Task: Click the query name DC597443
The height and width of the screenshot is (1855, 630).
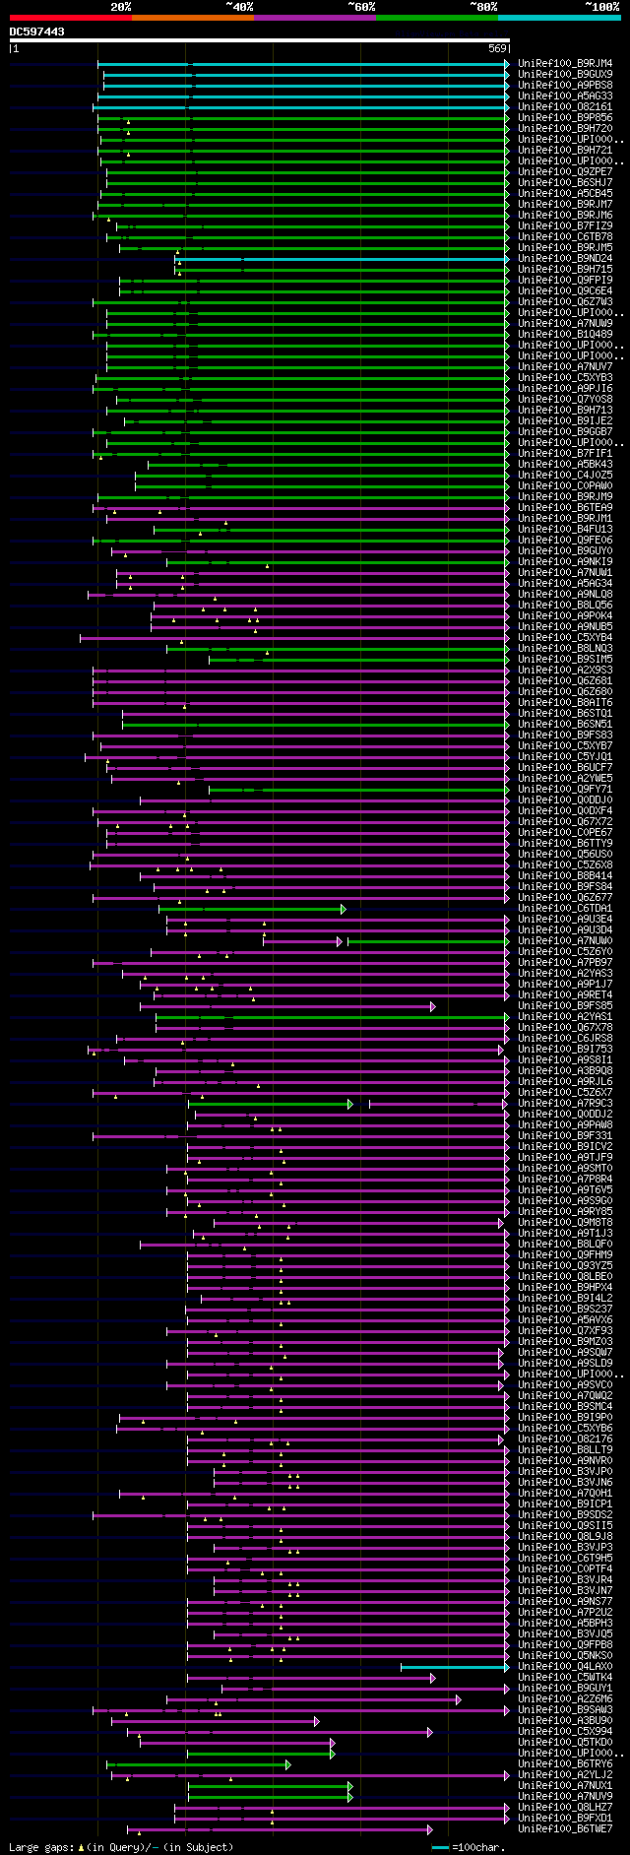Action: pyautogui.click(x=37, y=32)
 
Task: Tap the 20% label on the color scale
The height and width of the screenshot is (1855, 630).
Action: pyautogui.click(x=121, y=7)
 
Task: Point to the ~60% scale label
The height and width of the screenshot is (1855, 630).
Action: pyautogui.click(x=361, y=7)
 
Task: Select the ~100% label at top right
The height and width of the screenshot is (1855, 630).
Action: pyautogui.click(x=601, y=7)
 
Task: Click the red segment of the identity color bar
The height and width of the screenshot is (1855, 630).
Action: pyautogui.click(x=70, y=17)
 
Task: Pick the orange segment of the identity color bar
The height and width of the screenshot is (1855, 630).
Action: pyautogui.click(x=192, y=17)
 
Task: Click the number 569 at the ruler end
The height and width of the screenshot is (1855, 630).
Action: pyautogui.click(x=497, y=48)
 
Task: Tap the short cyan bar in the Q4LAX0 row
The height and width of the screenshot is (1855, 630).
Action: pyautogui.click(x=453, y=1667)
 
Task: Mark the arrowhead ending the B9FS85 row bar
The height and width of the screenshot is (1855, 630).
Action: pyautogui.click(x=432, y=1006)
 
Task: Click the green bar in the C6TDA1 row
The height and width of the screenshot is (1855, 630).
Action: pyautogui.click(x=251, y=909)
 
